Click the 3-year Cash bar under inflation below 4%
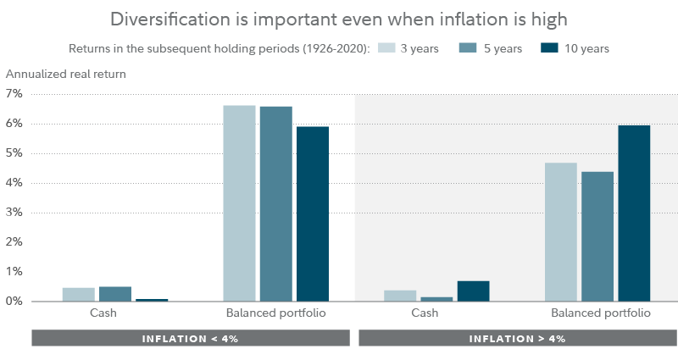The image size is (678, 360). tap(78, 294)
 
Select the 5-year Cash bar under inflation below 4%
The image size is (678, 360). tap(115, 294)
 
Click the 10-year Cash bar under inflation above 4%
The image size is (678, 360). tap(473, 291)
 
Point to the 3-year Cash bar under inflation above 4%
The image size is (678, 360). tap(400, 296)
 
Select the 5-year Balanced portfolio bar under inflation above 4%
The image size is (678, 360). tap(597, 236)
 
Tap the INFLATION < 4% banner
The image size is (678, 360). tap(190, 338)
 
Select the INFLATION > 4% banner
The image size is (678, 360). tap(517, 338)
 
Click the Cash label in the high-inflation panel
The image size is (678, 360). tap(425, 313)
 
